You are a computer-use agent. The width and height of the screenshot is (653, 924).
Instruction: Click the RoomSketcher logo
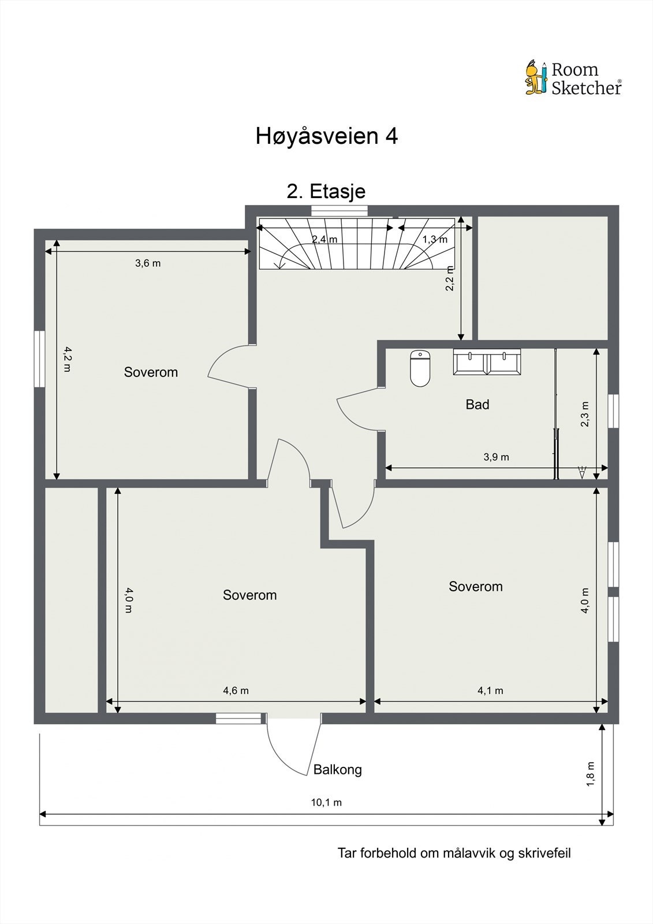point(573,78)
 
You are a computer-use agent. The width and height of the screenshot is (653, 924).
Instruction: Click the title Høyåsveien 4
point(326,136)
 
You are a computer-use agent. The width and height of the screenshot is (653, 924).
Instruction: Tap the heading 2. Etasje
point(326,191)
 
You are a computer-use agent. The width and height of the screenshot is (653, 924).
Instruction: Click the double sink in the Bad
point(487,362)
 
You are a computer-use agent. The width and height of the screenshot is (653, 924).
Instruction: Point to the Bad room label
point(477,405)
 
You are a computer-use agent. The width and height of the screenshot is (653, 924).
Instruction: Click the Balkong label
point(337,769)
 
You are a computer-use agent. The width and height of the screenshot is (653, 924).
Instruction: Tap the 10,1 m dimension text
point(326,803)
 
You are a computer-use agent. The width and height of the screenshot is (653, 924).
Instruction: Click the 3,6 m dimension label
point(148,263)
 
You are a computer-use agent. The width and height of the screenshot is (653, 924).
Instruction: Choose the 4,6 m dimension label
point(236,691)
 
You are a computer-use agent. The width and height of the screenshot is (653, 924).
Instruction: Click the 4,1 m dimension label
point(490,691)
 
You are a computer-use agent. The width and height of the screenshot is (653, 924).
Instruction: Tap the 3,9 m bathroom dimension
point(496,457)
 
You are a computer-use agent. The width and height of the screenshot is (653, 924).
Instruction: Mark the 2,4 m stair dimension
point(324,239)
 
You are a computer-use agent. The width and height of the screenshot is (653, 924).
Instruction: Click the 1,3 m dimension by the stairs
point(434,239)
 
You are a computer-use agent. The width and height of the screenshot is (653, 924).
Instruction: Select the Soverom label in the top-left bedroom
point(151,372)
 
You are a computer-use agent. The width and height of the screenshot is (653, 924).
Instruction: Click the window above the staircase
point(339,211)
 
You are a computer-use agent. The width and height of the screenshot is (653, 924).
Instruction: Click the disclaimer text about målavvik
point(454,853)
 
